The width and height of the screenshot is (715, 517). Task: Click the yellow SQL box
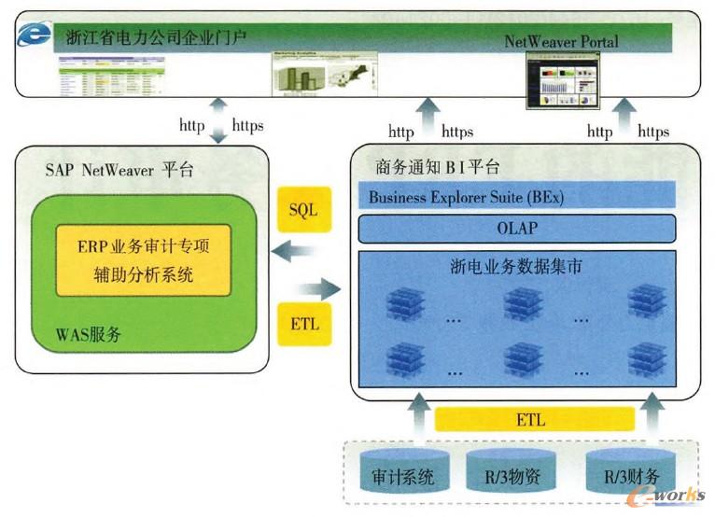[x=303, y=210]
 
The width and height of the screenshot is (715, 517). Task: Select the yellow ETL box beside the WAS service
[x=303, y=324]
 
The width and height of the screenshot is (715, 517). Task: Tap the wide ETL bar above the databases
[x=528, y=420]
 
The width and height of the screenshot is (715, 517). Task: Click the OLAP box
[x=516, y=229]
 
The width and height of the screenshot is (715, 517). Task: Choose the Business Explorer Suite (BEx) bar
[x=516, y=197]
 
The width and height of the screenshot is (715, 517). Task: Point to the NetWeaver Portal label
[x=561, y=42]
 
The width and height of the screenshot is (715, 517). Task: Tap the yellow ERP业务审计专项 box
[x=142, y=260]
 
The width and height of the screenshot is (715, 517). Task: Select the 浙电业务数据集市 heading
[x=516, y=266]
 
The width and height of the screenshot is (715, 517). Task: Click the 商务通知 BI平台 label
[x=439, y=168]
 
